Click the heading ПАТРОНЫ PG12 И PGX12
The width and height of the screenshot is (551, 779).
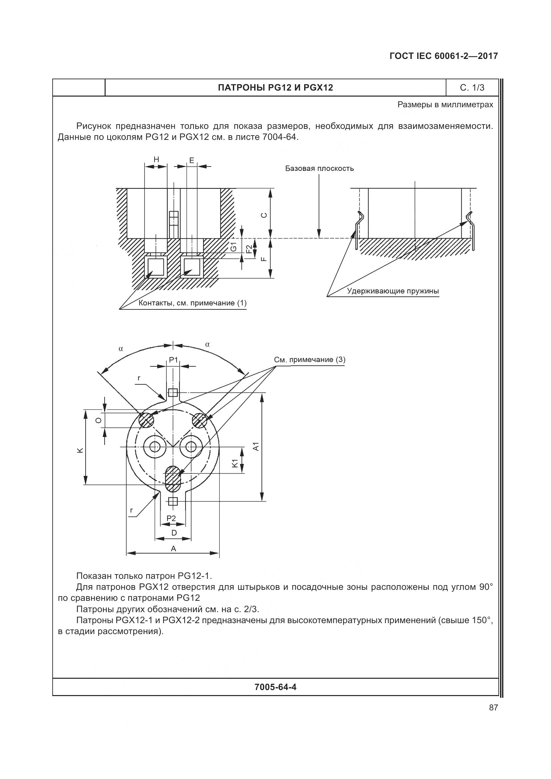point(275,88)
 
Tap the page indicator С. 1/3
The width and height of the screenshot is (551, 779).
point(472,88)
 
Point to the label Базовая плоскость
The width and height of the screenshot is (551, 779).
point(319,169)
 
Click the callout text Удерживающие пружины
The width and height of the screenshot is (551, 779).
point(392,291)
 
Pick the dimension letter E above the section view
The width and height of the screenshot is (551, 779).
point(192,161)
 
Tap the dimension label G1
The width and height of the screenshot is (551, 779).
point(234,247)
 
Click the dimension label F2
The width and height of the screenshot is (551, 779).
point(249,249)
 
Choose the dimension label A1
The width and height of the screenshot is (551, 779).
point(257,446)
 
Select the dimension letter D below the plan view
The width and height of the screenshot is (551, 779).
point(174,533)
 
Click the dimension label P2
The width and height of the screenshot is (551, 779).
point(171,518)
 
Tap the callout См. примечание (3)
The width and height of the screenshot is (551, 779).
point(309,360)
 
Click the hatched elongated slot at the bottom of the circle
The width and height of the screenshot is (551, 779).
point(173,479)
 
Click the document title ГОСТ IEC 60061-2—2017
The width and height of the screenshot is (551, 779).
point(443,56)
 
